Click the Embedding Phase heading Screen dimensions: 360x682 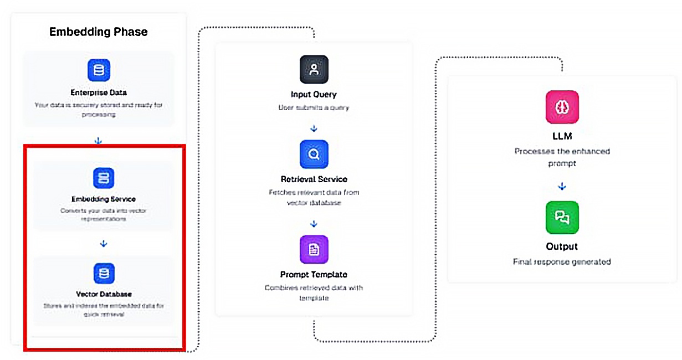[x=98, y=32]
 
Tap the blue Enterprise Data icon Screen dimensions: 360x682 [x=99, y=70]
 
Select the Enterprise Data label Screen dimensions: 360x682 [x=99, y=92]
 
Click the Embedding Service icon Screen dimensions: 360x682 [x=104, y=178]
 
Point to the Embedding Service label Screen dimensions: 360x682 [x=104, y=199]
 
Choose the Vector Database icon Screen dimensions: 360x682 [x=104, y=273]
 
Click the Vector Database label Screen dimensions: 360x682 [x=104, y=294]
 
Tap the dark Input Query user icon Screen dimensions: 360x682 [x=314, y=69]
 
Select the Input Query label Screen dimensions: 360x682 [x=314, y=94]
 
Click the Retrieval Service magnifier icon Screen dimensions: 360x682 [x=314, y=155]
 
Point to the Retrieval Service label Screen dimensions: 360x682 [x=314, y=179]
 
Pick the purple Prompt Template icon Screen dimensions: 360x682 [x=314, y=249]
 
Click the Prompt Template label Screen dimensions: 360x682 [x=314, y=274]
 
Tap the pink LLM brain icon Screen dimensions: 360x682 [x=562, y=107]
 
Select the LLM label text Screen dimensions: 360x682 [x=562, y=136]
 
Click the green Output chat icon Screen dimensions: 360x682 [x=562, y=217]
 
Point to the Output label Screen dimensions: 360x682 [x=562, y=246]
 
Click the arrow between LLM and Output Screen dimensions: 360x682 [x=562, y=187]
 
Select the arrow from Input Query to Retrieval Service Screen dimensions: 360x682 [x=314, y=128]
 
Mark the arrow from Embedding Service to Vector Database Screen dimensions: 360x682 [x=104, y=244]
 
